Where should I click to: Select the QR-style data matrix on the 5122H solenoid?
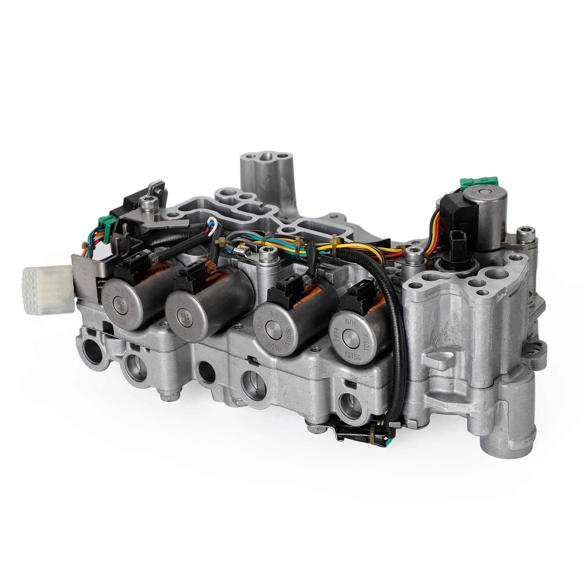(x=120, y=303)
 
